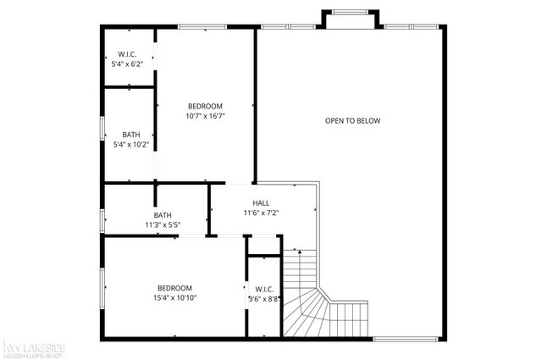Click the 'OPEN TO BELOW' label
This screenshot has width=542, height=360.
point(352,121)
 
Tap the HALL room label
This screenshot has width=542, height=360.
point(261,203)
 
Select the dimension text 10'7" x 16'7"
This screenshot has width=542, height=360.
point(205,116)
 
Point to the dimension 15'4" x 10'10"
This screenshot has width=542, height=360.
point(174,298)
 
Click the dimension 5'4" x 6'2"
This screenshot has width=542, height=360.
point(128,64)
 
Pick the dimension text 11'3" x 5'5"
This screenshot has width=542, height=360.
point(163,224)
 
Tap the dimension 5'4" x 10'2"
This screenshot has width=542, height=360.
point(131,144)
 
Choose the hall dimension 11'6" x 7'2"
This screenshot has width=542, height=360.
point(261,213)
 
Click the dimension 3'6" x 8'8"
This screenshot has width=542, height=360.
point(263,299)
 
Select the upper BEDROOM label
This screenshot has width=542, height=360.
point(205,106)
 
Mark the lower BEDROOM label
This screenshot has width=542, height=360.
point(174,288)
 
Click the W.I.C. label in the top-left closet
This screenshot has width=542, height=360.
point(128,53)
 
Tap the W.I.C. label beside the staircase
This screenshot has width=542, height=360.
point(263,288)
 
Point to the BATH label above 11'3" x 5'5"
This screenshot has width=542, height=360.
point(163,214)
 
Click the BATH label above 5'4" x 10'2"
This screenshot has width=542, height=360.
point(131,134)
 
